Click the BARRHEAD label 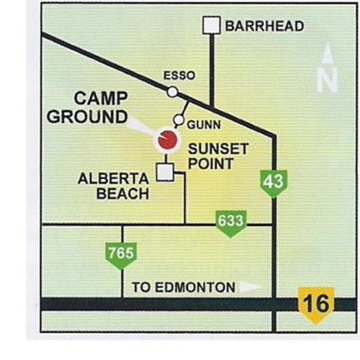point(264,26)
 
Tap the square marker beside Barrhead point(211,26)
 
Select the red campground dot point(167,139)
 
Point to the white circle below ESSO point(172,91)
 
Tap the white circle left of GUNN point(179,121)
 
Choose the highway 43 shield point(274,182)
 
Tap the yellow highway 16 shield point(316,304)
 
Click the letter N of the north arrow point(328,81)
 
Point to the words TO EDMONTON point(184,288)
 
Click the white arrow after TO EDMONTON point(251,288)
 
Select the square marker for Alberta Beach point(165,172)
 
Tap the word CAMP point(101,99)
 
